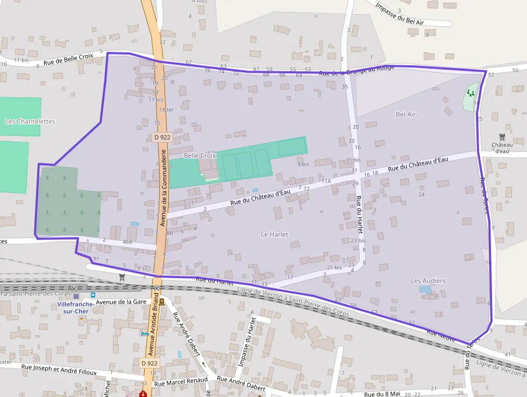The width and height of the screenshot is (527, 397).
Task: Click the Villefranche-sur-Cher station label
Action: click(x=76, y=308)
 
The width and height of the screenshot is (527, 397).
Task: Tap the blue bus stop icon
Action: click(x=93, y=295)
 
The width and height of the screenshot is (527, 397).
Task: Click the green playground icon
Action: click(x=471, y=93)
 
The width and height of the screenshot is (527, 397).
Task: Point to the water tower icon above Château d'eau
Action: click(x=502, y=137)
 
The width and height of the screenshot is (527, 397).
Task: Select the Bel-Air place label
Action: click(x=405, y=114)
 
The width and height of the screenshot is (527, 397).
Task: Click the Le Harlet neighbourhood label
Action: click(x=274, y=234)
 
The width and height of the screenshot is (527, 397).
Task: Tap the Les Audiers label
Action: click(x=428, y=281)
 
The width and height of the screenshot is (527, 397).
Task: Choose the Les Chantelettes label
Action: click(x=30, y=121)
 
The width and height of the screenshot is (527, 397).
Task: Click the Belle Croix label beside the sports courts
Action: click(x=200, y=155)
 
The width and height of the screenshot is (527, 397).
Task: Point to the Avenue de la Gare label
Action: click(x=122, y=302)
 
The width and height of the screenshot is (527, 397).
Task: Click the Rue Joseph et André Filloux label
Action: click(x=59, y=369)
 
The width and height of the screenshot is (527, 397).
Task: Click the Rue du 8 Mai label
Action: click(x=382, y=394)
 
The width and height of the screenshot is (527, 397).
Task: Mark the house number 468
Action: click(x=127, y=242)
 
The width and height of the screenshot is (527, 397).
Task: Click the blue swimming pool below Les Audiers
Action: click(x=425, y=289)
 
